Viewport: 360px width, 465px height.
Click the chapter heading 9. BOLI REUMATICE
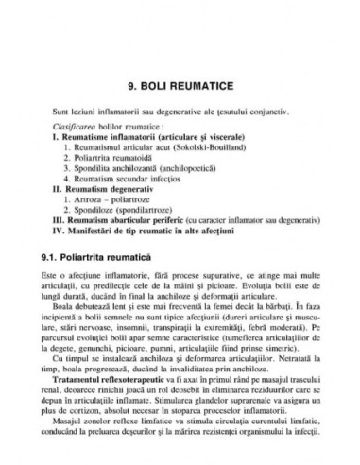(180, 82)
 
